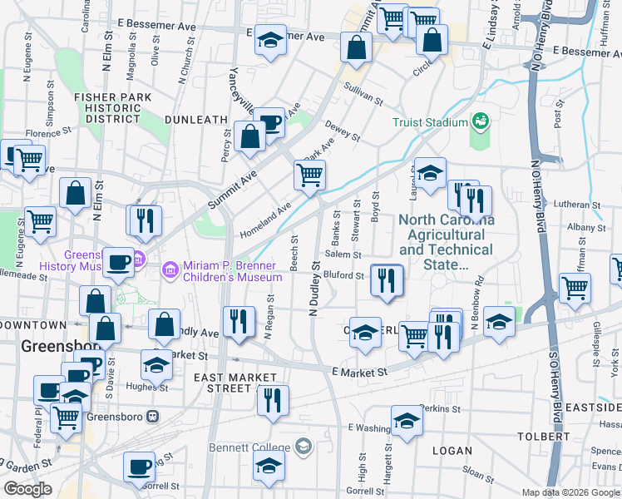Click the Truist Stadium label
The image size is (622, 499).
point(430,123)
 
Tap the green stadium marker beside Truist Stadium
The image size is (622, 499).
point(480,122)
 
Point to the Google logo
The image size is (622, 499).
point(28,489)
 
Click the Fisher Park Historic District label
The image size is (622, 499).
point(112,108)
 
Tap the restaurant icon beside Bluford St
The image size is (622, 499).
point(386,280)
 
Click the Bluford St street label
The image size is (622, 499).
point(344,275)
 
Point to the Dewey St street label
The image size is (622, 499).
point(342,130)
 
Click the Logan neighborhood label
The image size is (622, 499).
point(452,450)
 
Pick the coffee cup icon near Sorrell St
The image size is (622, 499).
point(139,466)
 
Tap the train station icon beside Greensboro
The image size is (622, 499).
point(151,416)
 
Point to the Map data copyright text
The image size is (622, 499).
point(571,492)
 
